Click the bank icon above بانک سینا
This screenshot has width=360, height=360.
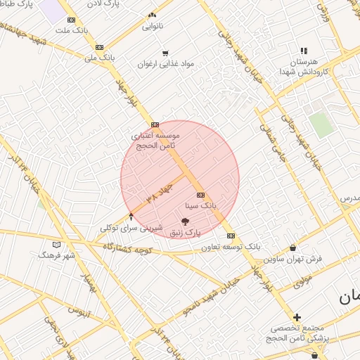(200, 195)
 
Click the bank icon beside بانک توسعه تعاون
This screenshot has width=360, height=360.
(231, 236)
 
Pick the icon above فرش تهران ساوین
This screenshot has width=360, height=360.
(292, 248)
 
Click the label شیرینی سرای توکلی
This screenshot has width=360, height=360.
(131, 228)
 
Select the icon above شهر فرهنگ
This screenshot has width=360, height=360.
(57, 244)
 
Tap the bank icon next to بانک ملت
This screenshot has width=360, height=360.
(71, 20)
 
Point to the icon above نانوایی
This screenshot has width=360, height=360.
(153, 15)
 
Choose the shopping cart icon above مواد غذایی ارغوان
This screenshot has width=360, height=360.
(165, 53)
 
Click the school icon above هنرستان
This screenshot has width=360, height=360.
(304, 51)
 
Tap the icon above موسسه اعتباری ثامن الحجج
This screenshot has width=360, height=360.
(155, 124)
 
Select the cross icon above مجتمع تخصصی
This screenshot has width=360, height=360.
(297, 318)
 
